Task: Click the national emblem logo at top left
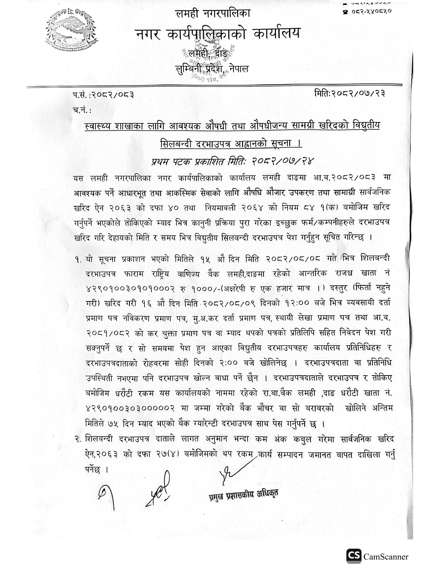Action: click(72, 30)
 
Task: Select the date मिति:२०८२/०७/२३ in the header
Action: click(349, 93)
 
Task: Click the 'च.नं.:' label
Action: click(82, 110)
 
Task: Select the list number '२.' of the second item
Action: click(78, 439)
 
